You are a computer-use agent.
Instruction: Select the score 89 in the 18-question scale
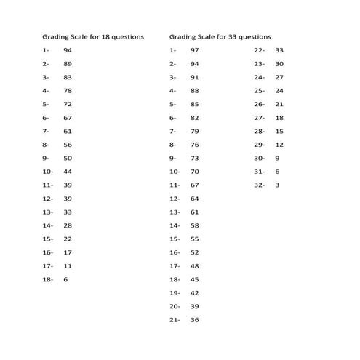click(x=68, y=63)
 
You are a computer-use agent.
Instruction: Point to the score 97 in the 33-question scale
click(x=194, y=50)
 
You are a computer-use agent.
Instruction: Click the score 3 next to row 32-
click(x=277, y=185)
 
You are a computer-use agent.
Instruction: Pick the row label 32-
click(x=259, y=185)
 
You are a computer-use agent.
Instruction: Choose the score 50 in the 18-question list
click(x=68, y=158)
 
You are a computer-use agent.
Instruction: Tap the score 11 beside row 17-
click(x=68, y=265)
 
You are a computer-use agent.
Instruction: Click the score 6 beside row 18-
click(x=65, y=279)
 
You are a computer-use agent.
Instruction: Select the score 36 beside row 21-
click(x=194, y=319)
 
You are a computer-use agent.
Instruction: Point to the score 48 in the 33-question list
click(x=194, y=265)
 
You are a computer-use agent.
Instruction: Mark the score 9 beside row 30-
click(x=277, y=158)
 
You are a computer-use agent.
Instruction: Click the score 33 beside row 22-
click(x=279, y=50)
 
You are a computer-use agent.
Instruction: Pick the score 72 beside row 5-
click(x=68, y=104)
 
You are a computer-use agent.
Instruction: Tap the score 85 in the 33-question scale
click(x=194, y=104)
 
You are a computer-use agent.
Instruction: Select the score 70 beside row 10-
click(x=194, y=172)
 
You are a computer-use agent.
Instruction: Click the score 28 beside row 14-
click(x=68, y=225)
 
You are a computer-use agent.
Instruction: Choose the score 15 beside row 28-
click(x=279, y=131)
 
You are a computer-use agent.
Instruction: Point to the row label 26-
click(x=259, y=104)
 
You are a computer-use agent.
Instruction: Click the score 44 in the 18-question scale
click(x=68, y=172)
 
